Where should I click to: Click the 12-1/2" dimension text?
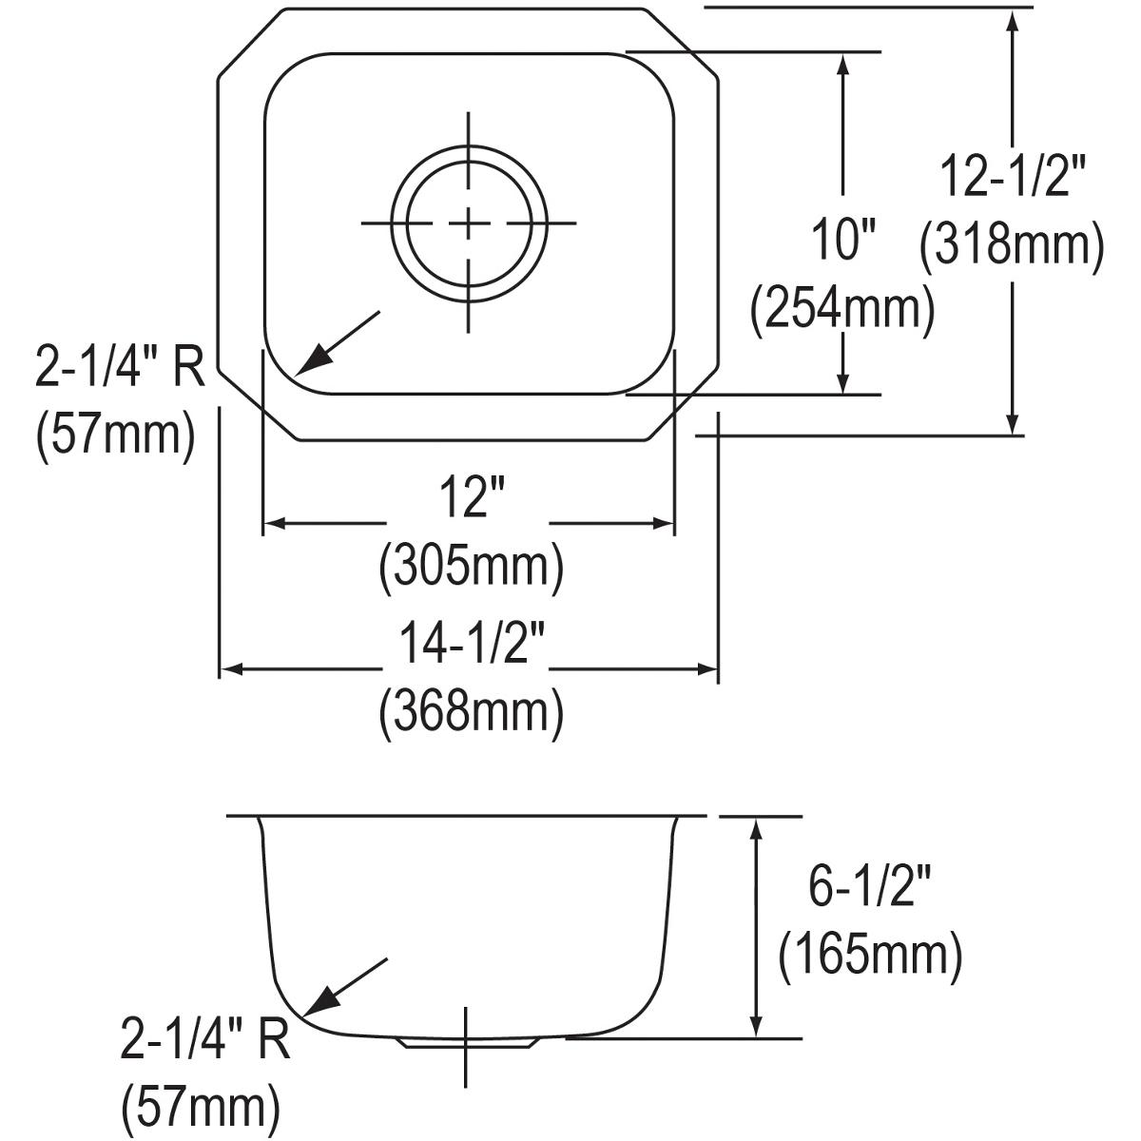point(1012,176)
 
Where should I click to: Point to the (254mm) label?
point(842,309)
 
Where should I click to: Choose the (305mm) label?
point(471,568)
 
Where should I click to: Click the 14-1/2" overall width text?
point(471,647)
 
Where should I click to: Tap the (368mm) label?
point(471,711)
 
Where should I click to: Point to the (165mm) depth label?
point(869,956)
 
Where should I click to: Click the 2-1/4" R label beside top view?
point(120,368)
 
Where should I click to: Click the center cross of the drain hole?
point(468,223)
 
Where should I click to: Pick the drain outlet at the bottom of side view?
point(467,1042)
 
